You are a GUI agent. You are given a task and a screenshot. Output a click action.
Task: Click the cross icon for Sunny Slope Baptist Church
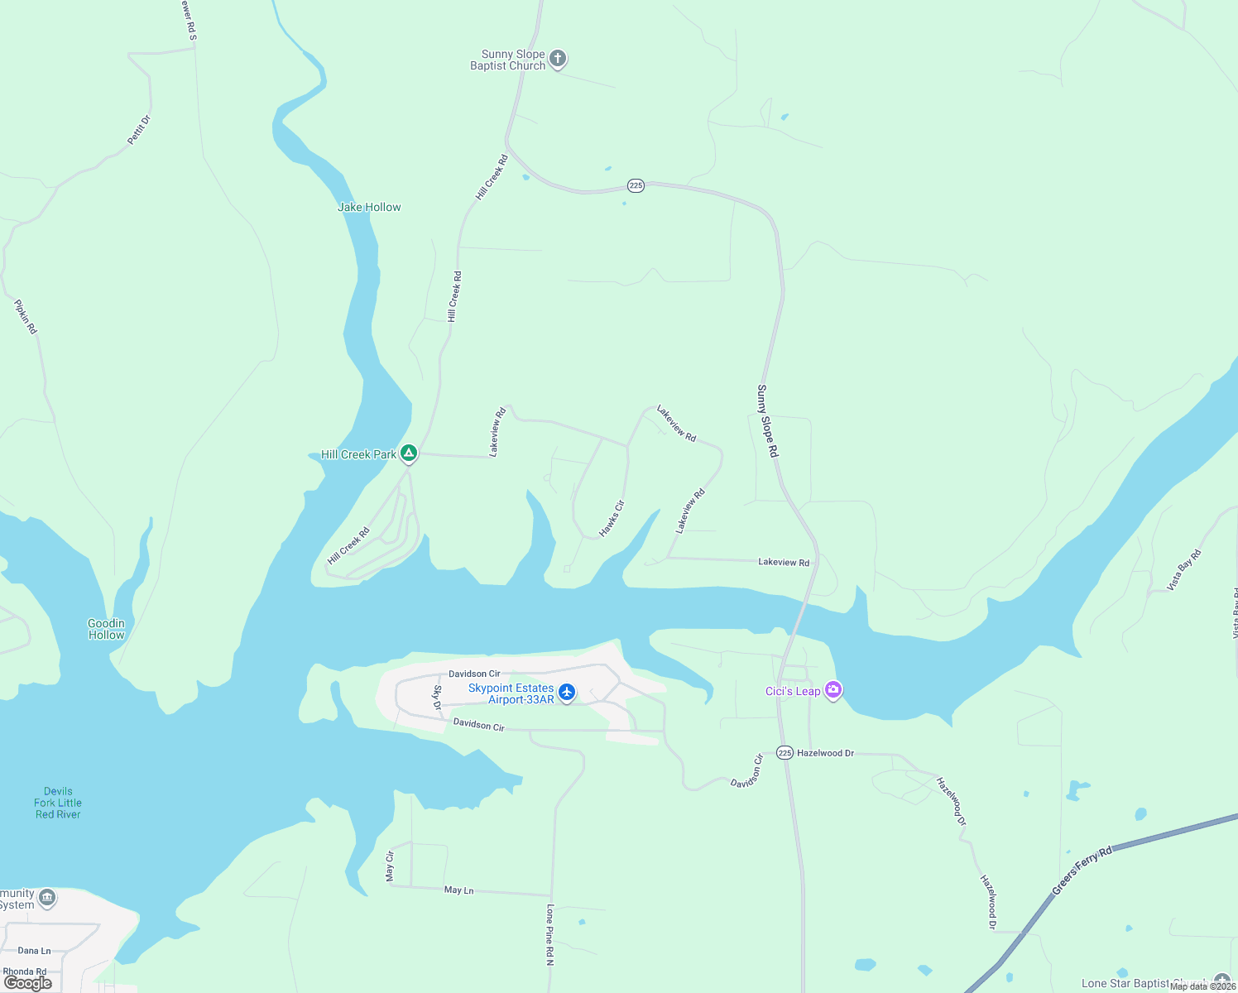558,59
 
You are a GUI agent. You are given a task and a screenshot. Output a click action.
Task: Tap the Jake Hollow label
369,207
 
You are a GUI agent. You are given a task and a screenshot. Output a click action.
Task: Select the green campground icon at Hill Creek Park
408,453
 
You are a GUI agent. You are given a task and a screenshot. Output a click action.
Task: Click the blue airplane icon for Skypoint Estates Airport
567,692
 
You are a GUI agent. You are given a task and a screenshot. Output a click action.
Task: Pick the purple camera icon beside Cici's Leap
833,689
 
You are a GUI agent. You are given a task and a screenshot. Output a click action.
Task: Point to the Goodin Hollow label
107,629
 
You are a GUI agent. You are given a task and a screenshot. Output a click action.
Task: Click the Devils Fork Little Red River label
58,803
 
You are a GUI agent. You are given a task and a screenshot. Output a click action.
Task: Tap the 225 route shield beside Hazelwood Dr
785,753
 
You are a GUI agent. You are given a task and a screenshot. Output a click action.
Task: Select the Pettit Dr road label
139,130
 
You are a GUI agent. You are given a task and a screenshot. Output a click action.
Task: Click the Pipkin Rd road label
26,317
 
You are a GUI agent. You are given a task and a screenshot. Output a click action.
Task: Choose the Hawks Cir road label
612,519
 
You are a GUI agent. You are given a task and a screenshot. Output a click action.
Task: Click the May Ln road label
458,890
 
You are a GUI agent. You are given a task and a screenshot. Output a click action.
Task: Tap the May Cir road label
390,866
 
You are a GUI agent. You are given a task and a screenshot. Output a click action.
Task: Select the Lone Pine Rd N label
549,935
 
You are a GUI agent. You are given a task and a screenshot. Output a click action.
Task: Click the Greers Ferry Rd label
1082,871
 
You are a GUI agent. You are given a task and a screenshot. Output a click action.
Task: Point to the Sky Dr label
438,698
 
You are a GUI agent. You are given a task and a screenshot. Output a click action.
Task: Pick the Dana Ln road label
34,951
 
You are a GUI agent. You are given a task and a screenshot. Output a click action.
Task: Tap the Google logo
28,983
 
